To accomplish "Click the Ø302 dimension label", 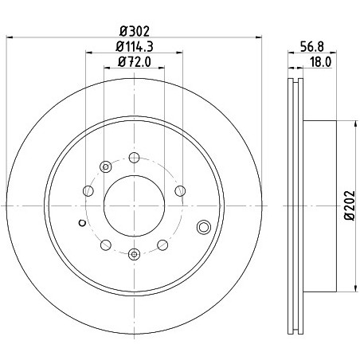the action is [135, 31].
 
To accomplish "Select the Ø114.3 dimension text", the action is [135, 47].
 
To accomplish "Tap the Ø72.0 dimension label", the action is [135, 62].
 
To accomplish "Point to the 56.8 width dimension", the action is [312, 47].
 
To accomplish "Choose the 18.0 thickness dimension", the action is [321, 62].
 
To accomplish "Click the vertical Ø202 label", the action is [350, 205].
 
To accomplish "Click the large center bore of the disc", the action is [135, 205].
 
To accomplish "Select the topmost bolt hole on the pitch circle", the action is [135, 158].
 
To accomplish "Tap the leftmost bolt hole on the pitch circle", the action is [88, 190].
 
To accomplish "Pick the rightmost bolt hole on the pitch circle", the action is [180, 190].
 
